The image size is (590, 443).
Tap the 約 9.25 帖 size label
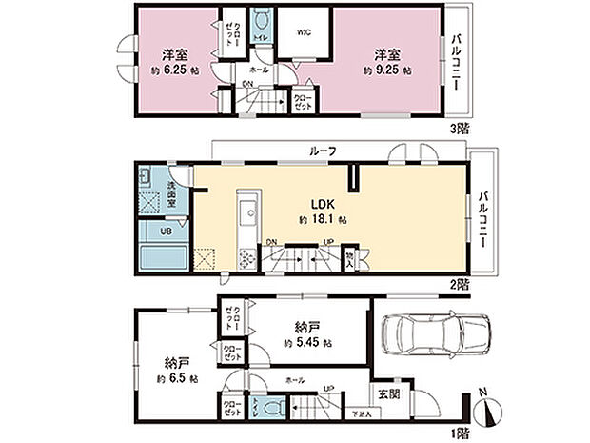(387, 70)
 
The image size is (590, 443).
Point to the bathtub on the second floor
(162, 256)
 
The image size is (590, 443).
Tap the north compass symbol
(489, 412)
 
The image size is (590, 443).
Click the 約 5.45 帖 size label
(306, 341)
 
